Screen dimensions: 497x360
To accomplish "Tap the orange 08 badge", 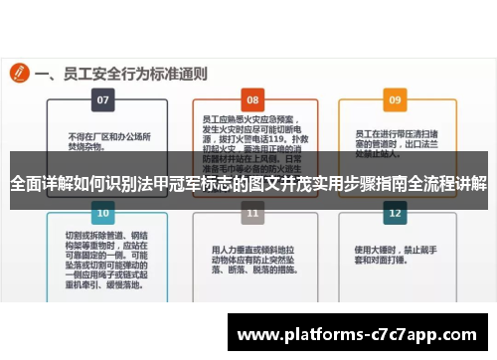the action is pos(253,100).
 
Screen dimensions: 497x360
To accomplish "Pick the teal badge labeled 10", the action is pos(101,213).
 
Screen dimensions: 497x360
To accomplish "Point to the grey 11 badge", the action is pos(253,213).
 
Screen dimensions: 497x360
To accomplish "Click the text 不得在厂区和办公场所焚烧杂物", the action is pos(102,142).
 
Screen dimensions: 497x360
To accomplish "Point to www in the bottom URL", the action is pos(259,333).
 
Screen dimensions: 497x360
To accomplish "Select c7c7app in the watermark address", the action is pos(401,333).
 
